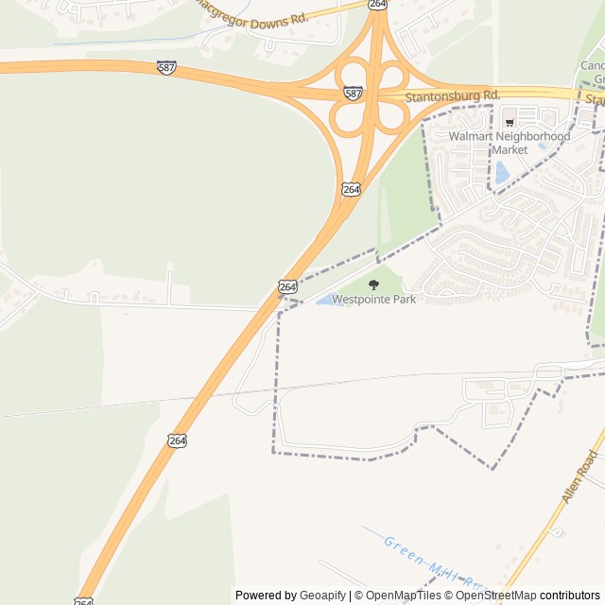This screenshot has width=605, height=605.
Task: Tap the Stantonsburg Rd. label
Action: click(452, 96)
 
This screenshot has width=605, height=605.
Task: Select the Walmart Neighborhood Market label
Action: click(510, 143)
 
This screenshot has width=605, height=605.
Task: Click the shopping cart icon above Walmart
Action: click(510, 122)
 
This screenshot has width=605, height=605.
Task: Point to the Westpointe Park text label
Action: click(373, 299)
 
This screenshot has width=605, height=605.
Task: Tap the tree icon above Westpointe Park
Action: click(373, 284)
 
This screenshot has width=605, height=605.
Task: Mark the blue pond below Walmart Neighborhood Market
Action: click(502, 172)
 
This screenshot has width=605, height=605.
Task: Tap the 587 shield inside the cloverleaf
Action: click(353, 94)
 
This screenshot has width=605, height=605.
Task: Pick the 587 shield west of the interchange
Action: click(166, 67)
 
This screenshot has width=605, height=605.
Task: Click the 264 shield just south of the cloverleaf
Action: click(351, 189)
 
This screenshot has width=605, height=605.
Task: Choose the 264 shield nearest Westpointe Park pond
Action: click(287, 285)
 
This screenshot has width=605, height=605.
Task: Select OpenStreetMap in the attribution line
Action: click(497, 596)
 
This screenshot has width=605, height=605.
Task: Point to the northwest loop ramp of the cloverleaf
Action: click(352, 75)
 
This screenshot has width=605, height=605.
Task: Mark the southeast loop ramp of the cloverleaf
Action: click(392, 114)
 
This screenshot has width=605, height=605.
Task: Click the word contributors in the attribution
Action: click(570, 596)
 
